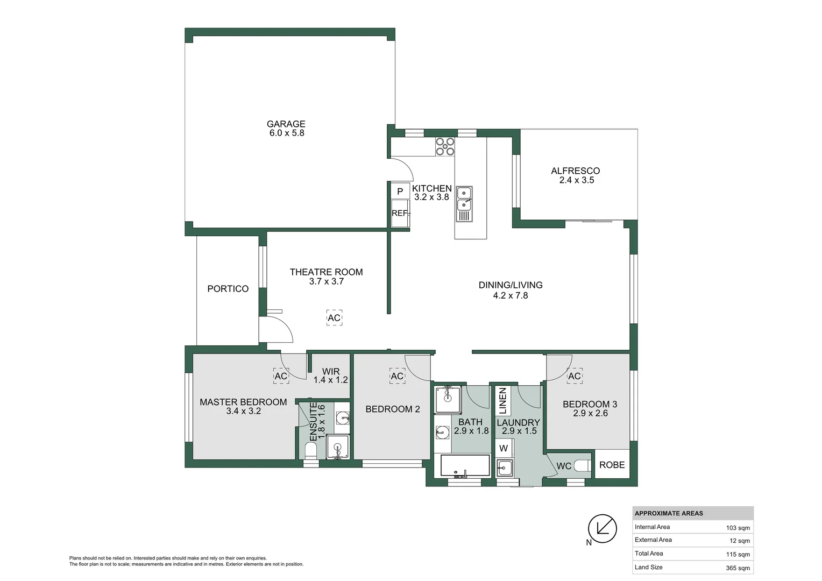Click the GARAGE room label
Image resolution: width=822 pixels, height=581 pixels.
286,124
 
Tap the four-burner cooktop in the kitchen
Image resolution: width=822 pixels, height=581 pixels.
445,147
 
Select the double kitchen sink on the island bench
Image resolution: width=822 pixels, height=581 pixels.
464,199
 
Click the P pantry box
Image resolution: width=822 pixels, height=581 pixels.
400,192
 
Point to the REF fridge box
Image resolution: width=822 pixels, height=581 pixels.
400,214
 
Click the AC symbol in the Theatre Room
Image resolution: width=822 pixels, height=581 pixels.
334,318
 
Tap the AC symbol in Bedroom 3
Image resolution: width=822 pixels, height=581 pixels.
574,376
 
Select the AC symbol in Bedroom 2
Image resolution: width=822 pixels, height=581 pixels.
397,376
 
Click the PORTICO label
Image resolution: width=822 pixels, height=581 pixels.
228,289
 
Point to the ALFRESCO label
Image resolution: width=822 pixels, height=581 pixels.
575,171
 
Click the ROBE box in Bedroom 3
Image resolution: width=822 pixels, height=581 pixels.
612,465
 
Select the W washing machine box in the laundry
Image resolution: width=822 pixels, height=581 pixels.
504,448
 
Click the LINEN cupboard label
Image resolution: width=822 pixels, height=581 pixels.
502,400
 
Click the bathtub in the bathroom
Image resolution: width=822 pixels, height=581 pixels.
465,466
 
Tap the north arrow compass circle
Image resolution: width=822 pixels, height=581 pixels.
602,528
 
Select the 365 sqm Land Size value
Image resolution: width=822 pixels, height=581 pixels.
738,568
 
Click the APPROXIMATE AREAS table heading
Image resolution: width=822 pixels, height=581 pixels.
669,513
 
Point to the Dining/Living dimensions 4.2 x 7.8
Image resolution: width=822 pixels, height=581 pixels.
510,295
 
